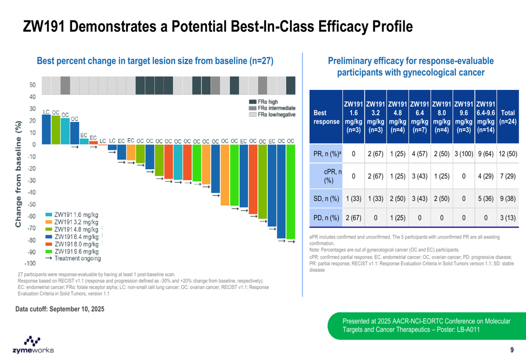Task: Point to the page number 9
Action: (x=512, y=351)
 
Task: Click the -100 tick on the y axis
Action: (x=29, y=263)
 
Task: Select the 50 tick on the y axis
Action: (x=32, y=85)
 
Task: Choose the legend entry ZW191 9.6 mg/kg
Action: (x=72, y=251)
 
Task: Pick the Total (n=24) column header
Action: (x=508, y=117)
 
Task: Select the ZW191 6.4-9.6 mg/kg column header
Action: (x=485, y=117)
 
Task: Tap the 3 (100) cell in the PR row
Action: (x=463, y=153)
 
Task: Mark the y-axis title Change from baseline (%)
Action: (x=18, y=174)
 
